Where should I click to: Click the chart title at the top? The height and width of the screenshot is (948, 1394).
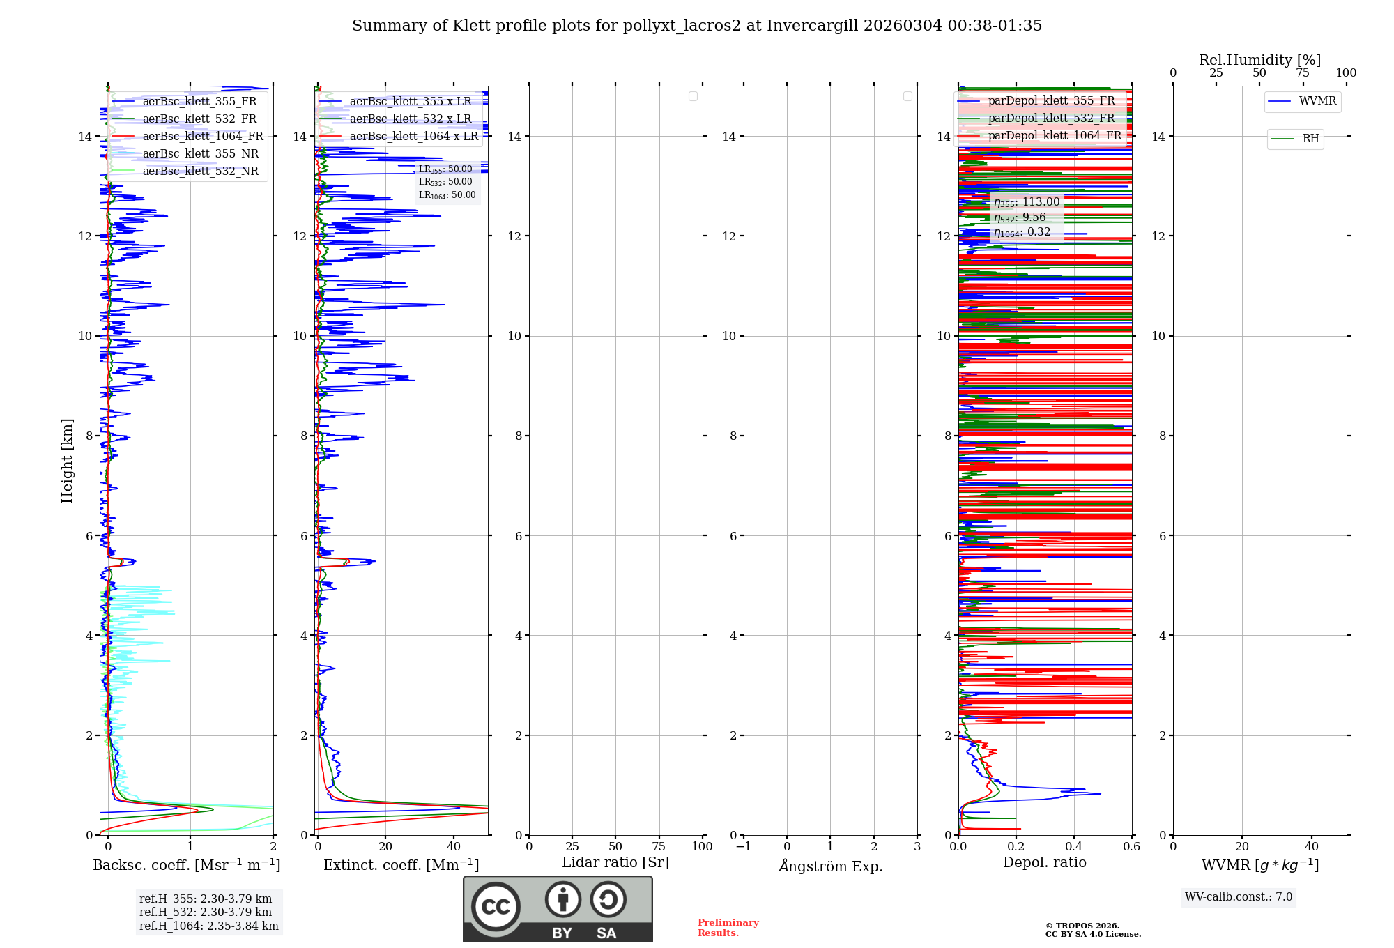point(696,26)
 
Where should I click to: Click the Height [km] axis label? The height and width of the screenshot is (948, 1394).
point(67,461)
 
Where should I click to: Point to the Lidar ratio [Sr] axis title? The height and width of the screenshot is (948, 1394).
point(615,863)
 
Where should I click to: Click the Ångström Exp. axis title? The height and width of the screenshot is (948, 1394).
point(830,866)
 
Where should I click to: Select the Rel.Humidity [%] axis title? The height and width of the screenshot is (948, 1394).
point(1259,60)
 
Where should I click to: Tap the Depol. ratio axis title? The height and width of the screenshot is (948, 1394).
point(1044,863)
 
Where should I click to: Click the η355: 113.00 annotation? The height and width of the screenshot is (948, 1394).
point(1027,202)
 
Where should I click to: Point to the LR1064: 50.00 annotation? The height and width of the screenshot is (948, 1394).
point(447,195)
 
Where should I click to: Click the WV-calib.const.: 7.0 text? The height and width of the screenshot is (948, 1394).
point(1238,897)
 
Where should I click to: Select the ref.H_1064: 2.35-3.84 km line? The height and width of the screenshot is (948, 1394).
point(208,926)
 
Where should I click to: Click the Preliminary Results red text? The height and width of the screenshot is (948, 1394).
point(728,928)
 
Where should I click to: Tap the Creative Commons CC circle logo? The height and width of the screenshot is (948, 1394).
point(496,906)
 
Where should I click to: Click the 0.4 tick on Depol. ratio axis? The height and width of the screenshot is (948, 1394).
point(1073,847)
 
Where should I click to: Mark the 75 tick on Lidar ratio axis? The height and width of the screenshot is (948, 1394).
point(658,847)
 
